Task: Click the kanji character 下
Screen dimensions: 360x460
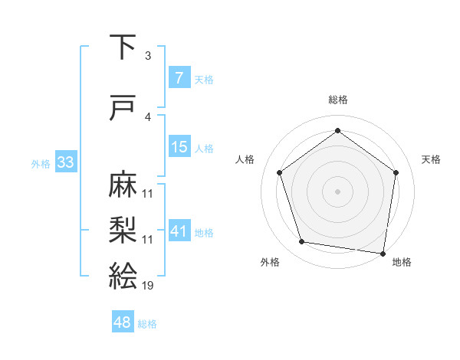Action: pos(123,47)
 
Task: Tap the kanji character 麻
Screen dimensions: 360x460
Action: pos(123,183)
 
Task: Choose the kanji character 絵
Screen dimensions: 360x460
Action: pos(123,275)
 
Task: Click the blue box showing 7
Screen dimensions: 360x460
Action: pos(179,78)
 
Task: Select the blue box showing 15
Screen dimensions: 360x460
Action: pos(179,147)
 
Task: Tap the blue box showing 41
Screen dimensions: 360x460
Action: pos(179,231)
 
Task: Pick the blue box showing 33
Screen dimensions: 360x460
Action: pos(64,162)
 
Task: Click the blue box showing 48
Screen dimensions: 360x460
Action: pos(123,322)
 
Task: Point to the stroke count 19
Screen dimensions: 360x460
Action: pos(147,286)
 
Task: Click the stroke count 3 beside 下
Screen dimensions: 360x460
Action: pos(147,56)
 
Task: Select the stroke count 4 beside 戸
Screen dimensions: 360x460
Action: pos(147,117)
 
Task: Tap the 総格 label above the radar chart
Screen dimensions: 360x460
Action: pos(337,100)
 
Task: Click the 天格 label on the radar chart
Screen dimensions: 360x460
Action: pos(431,159)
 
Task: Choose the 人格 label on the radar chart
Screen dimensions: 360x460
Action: pos(245,159)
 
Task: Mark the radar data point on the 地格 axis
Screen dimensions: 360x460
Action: pos(383,253)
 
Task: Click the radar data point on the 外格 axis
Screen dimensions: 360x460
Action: pos(302,242)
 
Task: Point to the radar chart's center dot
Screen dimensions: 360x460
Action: pos(337,191)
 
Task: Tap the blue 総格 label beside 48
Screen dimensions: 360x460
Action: pos(147,324)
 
